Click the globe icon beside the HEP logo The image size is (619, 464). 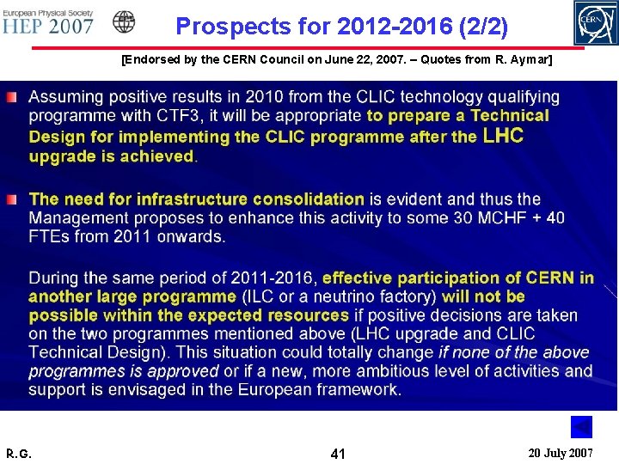125,21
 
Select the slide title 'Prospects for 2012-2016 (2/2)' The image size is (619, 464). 341,27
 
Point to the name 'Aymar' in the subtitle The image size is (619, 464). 530,60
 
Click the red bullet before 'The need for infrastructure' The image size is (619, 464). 9,199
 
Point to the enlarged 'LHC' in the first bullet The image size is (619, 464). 504,136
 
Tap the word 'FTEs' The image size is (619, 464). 50,237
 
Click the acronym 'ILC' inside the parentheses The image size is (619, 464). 258,297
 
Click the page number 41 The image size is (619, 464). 338,452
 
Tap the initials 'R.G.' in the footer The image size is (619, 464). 18,453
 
